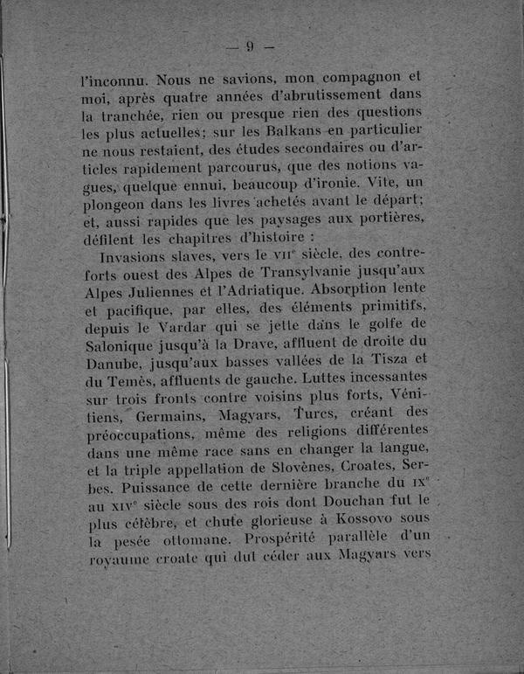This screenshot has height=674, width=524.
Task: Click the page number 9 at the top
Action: point(250,46)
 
